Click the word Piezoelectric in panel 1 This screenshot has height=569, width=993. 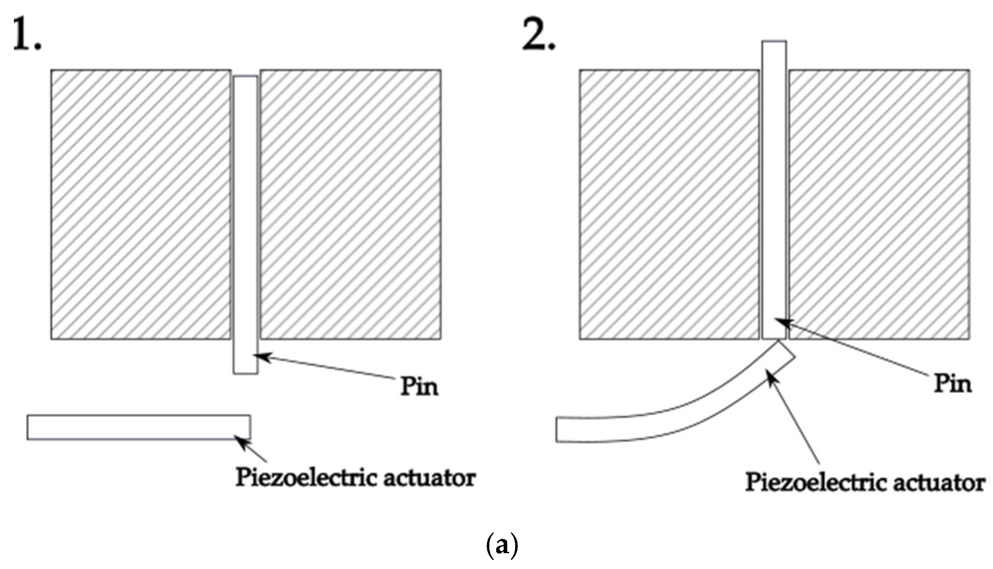[x=304, y=478]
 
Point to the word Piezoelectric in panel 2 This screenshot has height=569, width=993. [x=814, y=483]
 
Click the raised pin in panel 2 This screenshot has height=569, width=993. [x=774, y=190]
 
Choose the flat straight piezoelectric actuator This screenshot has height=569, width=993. [x=138, y=427]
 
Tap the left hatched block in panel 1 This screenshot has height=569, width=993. [x=140, y=205]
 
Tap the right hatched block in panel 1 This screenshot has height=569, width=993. [x=351, y=205]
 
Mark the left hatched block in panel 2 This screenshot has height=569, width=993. [x=669, y=205]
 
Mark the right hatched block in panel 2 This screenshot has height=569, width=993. [x=879, y=205]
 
